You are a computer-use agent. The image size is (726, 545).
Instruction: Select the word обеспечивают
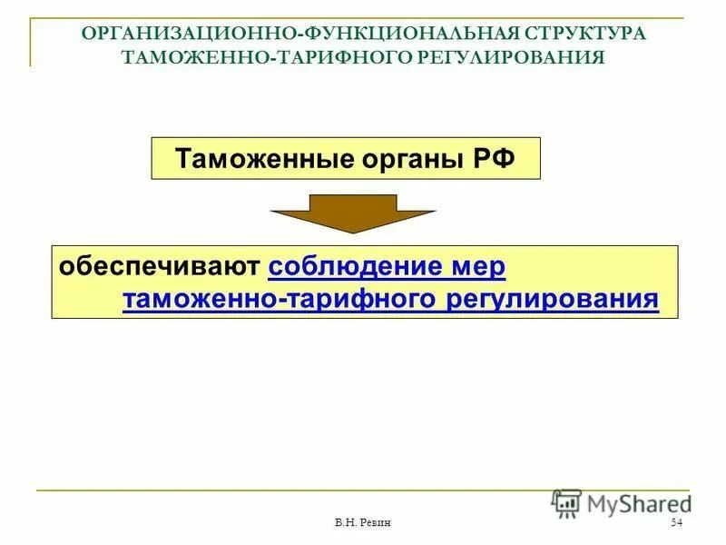click(x=162, y=268)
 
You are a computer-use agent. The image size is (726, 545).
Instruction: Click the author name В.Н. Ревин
click(x=362, y=522)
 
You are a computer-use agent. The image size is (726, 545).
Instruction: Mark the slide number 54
click(x=676, y=522)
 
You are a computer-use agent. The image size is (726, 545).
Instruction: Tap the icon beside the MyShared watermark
click(x=567, y=503)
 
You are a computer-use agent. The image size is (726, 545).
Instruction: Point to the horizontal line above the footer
click(x=363, y=490)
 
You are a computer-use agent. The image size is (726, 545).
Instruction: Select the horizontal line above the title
click(x=363, y=15)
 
